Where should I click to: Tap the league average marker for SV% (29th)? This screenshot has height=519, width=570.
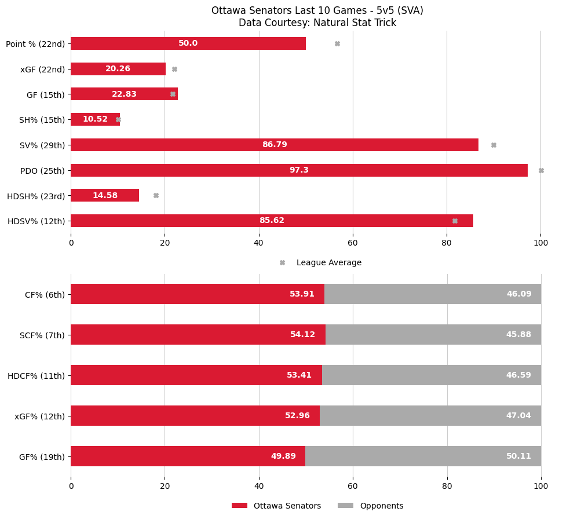click(494, 145)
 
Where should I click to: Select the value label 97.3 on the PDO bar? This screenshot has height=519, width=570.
click(299, 170)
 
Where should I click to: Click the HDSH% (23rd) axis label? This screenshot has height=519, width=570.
click(36, 196)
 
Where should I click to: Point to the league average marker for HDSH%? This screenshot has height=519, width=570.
click(156, 196)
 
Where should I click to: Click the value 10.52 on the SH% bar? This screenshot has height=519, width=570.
click(95, 119)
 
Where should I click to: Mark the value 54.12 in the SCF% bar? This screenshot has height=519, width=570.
click(302, 335)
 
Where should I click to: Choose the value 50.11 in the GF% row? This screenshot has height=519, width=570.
click(518, 456)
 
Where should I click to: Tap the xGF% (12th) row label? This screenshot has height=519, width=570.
click(39, 416)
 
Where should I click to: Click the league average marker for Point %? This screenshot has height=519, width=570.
click(337, 43)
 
